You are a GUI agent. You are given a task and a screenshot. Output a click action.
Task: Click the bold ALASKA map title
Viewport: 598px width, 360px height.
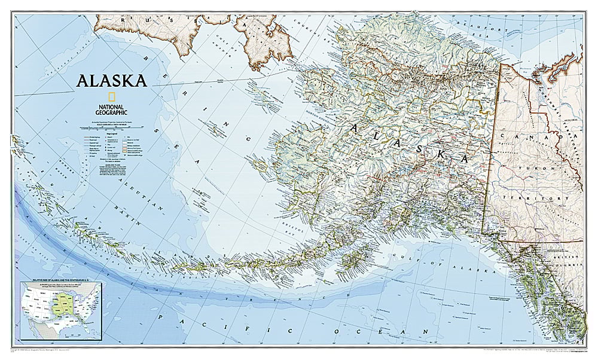pyautogui.click(x=111, y=81)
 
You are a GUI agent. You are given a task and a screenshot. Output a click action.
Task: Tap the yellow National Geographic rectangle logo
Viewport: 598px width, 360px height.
pyautogui.click(x=111, y=97)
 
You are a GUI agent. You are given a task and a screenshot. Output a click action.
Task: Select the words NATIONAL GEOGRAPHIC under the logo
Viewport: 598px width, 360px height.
pyautogui.click(x=111, y=108)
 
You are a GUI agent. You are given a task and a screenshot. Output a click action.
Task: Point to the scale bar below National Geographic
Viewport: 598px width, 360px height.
pyautogui.click(x=111, y=126)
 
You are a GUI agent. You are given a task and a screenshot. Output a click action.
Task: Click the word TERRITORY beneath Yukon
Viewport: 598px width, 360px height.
pyautogui.click(x=526, y=197)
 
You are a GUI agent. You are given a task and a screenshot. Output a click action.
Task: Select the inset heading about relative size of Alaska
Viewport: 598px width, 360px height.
pyautogui.click(x=60, y=280)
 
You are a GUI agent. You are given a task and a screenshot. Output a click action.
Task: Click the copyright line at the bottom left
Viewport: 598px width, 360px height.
pyautogui.click(x=48, y=349)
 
